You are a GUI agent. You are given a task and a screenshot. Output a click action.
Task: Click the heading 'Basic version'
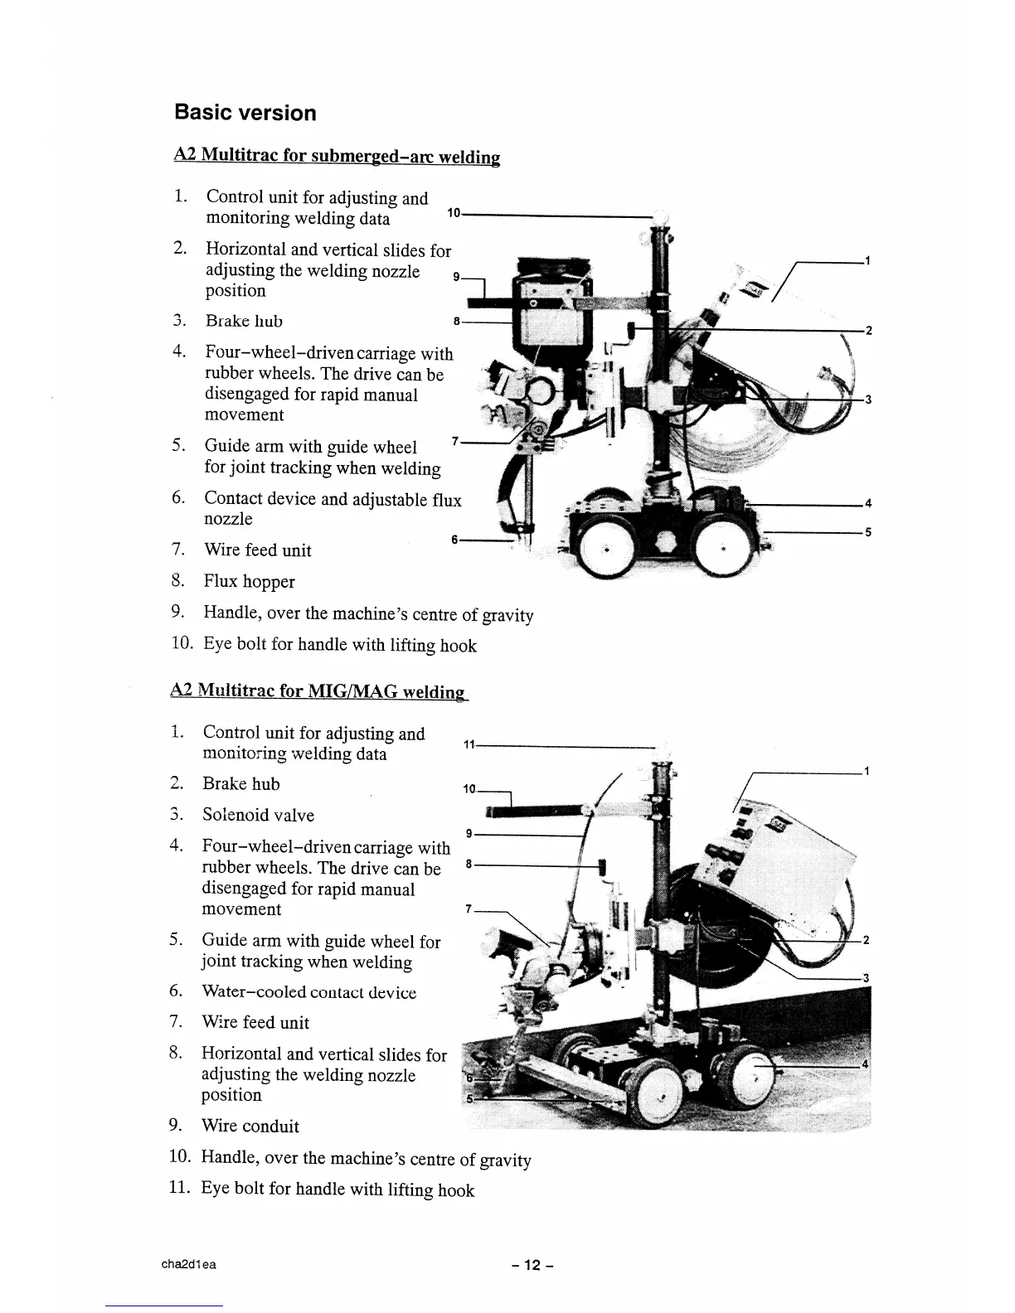pyautogui.click(x=245, y=113)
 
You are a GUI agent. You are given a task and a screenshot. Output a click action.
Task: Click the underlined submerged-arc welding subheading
pyautogui.click(x=337, y=156)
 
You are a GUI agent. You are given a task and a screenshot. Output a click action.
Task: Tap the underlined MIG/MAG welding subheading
pyautogui.click(x=318, y=691)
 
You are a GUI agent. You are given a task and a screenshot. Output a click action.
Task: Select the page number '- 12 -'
pyautogui.click(x=532, y=1265)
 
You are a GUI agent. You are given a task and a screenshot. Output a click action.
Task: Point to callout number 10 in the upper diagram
pyautogui.click(x=453, y=214)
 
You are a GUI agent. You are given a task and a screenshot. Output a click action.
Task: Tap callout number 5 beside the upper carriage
pyautogui.click(x=867, y=532)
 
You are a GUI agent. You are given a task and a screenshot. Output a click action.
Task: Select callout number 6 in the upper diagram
pyautogui.click(x=455, y=540)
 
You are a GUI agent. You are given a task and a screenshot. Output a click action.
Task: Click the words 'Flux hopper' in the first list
pyautogui.click(x=250, y=582)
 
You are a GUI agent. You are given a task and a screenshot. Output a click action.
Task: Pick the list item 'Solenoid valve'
pyautogui.click(x=258, y=815)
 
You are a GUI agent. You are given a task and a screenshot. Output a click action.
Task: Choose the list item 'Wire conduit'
pyautogui.click(x=250, y=1126)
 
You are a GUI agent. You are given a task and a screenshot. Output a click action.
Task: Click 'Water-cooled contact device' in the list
pyautogui.click(x=308, y=992)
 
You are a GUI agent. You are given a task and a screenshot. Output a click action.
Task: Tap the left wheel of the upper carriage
pyautogui.click(x=605, y=550)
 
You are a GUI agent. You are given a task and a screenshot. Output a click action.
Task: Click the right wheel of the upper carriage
pyautogui.click(x=722, y=548)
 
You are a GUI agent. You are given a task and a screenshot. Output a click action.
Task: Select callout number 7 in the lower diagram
pyautogui.click(x=469, y=909)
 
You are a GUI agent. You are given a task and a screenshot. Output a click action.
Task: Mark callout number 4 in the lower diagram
pyautogui.click(x=866, y=1064)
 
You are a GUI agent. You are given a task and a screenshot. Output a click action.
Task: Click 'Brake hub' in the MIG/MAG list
pyautogui.click(x=241, y=784)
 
